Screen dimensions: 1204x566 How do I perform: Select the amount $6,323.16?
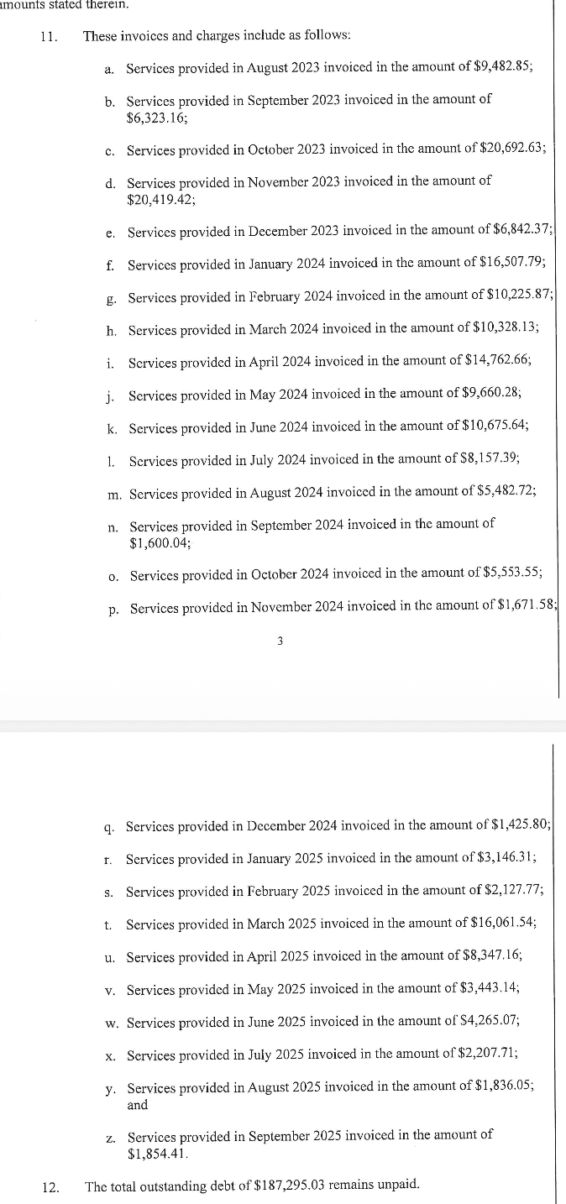[x=154, y=118]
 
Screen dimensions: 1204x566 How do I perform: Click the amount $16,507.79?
[x=511, y=264]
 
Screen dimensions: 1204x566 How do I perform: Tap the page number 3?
[x=280, y=641]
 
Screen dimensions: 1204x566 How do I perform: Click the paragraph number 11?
[x=49, y=37]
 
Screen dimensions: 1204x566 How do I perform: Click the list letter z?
[x=111, y=1139]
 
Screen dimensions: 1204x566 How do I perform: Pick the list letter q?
[x=110, y=828]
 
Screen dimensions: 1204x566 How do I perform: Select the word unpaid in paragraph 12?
[x=399, y=1186]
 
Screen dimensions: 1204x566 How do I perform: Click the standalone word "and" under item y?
[x=137, y=1105]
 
